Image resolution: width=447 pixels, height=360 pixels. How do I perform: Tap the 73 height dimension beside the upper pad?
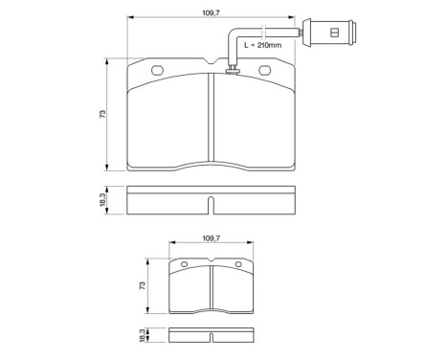click(102, 115)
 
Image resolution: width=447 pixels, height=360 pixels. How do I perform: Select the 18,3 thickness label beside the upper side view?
click(102, 200)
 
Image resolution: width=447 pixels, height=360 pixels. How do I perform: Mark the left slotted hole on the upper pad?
click(155, 70)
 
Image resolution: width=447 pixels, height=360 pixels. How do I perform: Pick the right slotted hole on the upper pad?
click(265, 70)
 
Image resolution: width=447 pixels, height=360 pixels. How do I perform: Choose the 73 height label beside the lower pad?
click(144, 286)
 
